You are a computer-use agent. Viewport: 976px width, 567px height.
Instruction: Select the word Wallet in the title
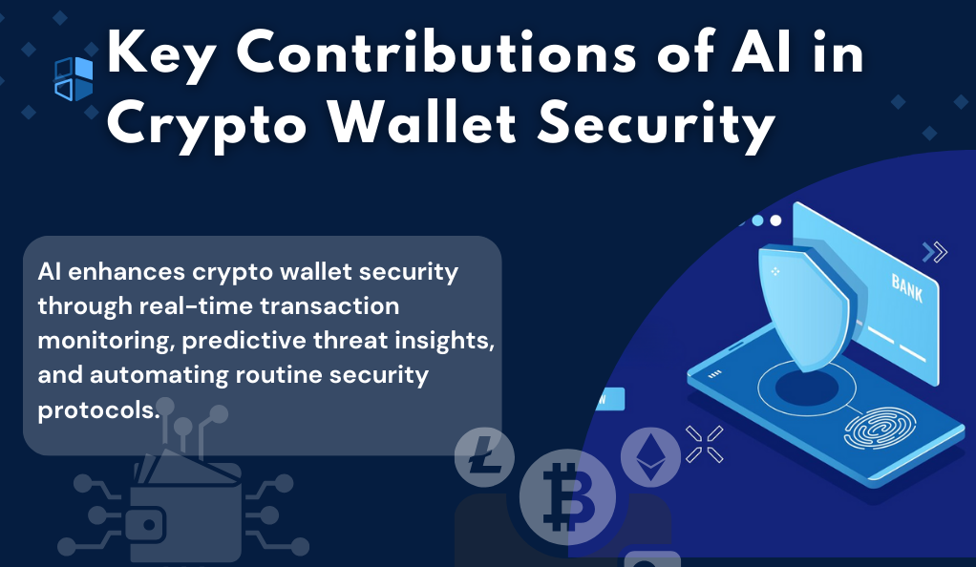click(x=422, y=122)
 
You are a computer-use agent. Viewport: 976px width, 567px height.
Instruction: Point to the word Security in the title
click(x=656, y=126)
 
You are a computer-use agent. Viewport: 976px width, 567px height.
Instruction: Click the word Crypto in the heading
click(x=207, y=126)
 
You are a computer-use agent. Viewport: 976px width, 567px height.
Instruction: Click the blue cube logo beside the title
click(x=74, y=79)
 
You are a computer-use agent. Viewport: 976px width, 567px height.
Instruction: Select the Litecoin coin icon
click(x=484, y=457)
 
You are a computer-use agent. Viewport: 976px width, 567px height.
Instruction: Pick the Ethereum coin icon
click(x=650, y=457)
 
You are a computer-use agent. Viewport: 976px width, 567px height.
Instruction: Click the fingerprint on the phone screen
click(x=880, y=429)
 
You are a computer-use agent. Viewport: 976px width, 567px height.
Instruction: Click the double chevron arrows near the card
click(x=934, y=252)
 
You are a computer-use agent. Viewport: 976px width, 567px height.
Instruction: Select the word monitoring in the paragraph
click(x=106, y=341)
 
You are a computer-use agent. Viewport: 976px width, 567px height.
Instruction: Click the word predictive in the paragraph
click(x=244, y=341)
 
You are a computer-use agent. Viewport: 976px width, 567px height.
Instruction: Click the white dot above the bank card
click(x=775, y=220)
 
